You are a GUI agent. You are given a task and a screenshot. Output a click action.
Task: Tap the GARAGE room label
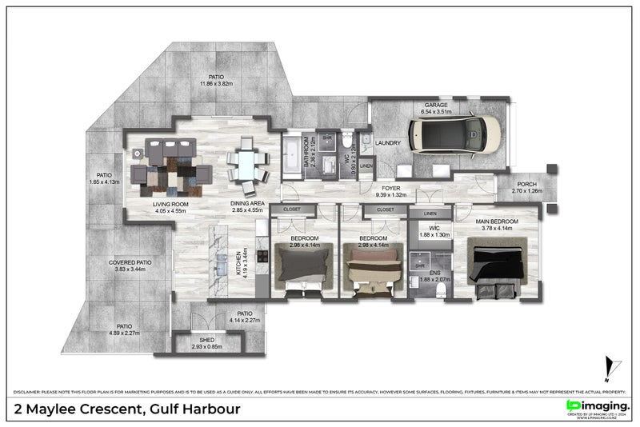coord(436,106)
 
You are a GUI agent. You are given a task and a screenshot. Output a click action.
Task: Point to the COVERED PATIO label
coord(133,262)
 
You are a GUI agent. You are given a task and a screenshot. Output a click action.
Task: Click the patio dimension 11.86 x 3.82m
coord(215,83)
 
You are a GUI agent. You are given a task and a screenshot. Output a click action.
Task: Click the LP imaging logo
coord(597,407)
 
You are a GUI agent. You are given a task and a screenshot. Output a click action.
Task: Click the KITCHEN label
coord(238,264)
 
